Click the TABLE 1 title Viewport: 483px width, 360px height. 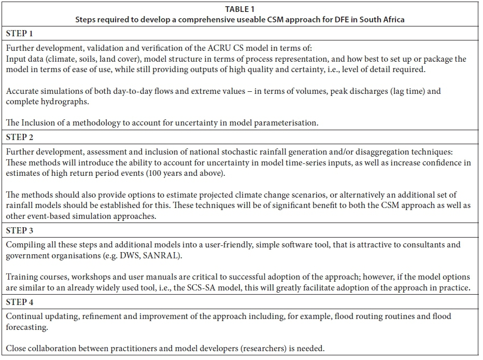[241, 9]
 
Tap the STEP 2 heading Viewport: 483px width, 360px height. [19, 137]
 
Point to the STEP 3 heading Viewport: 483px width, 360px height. [19, 229]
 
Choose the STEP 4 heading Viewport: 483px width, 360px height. [19, 301]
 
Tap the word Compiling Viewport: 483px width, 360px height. [25, 244]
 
